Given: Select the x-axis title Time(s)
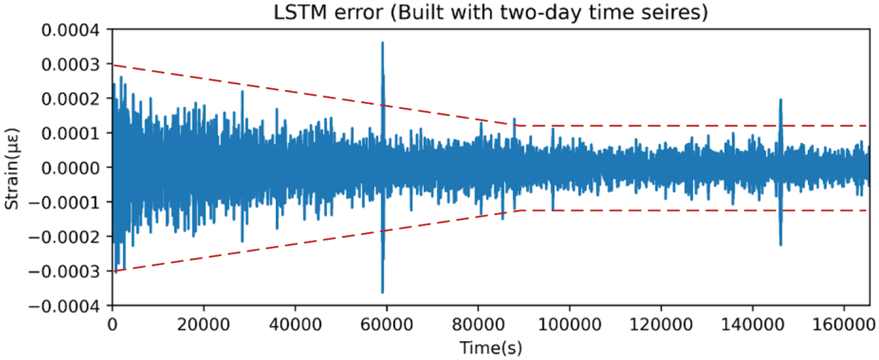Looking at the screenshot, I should [x=491, y=347].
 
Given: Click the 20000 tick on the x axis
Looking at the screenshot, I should [x=203, y=326].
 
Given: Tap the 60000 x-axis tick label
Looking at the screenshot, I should [x=386, y=326].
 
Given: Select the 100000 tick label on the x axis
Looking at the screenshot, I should [x=569, y=326].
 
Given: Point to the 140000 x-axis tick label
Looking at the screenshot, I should [x=752, y=326].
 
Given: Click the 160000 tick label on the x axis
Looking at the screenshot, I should [x=843, y=326].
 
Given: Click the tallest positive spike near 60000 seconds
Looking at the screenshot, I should [x=383, y=43].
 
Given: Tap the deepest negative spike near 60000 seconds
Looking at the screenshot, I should [x=383, y=292].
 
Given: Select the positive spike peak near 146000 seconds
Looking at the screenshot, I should [x=781, y=100].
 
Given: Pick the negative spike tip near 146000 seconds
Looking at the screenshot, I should [x=781, y=245].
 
